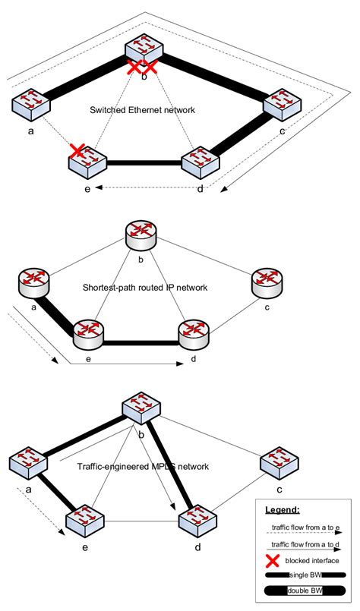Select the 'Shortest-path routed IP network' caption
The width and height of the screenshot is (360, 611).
point(144,289)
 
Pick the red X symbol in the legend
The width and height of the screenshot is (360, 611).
point(270,561)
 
